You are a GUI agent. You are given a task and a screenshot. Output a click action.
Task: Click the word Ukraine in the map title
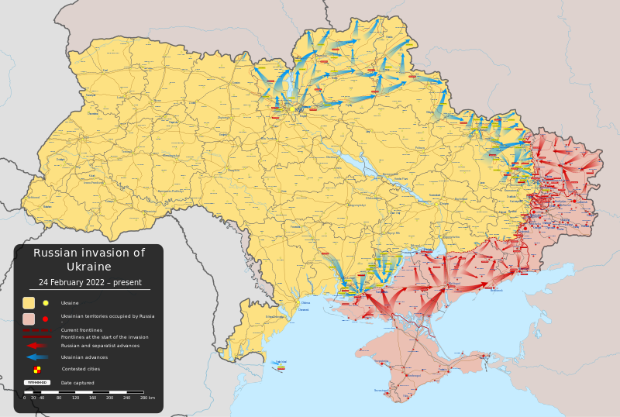(88, 267)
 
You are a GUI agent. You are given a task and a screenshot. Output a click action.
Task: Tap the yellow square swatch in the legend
(29, 303)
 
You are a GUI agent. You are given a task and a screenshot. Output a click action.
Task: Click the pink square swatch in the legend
(29, 319)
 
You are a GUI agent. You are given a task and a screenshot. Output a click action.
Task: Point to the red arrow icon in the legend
(36, 346)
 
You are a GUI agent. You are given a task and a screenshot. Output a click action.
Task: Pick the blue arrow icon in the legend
(36, 357)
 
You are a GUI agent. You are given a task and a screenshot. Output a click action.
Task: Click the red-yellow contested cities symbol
(36, 370)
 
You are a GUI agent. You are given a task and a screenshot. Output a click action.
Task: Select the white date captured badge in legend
(36, 382)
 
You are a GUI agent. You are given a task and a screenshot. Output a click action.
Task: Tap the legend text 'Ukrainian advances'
(84, 357)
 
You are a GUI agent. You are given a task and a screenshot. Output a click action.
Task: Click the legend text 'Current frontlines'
(81, 330)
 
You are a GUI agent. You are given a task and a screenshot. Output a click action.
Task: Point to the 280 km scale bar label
(147, 398)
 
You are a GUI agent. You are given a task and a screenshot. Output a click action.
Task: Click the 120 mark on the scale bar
(75, 398)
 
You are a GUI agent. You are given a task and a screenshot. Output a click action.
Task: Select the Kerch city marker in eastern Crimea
(485, 356)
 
